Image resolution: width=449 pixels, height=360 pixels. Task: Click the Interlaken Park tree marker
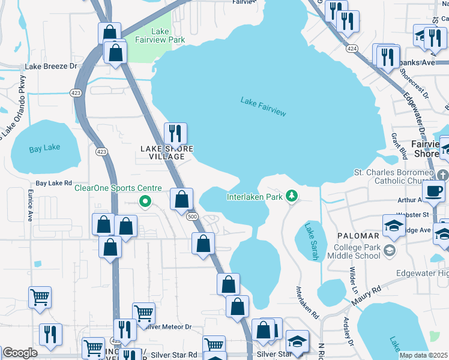(291, 196)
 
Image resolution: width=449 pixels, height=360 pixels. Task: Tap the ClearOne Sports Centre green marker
(144, 201)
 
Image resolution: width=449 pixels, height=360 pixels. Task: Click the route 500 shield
(191, 216)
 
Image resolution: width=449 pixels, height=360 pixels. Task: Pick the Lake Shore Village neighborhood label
(167, 152)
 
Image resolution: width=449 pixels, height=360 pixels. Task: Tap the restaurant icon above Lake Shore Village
(175, 134)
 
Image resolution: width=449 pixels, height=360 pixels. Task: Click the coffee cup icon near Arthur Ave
(433, 192)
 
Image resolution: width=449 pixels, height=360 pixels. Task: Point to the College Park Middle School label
(354, 251)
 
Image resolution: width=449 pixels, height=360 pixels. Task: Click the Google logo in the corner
(20, 353)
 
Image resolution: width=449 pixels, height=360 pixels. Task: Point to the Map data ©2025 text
(423, 355)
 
